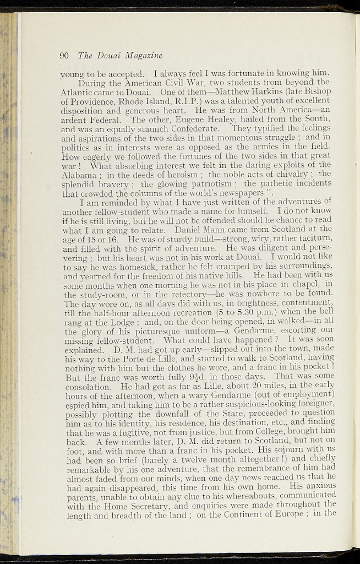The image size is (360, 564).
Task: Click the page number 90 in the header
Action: pyautogui.click(x=63, y=55)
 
